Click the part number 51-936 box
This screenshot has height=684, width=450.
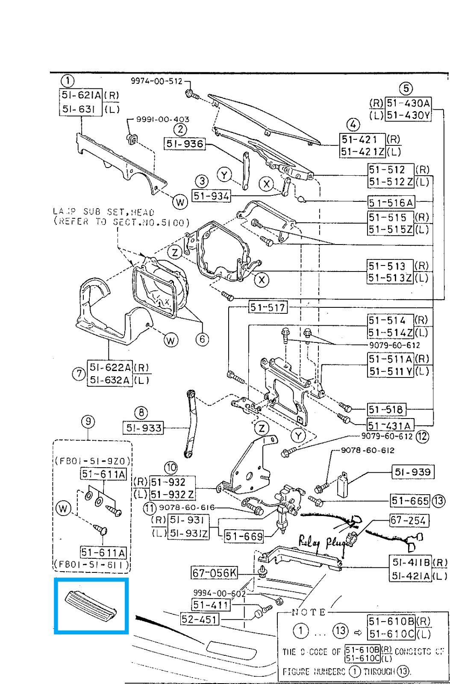point(185,144)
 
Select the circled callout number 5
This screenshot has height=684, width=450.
point(406,88)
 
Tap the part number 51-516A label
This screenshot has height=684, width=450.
point(391,202)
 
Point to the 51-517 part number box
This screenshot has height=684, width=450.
point(268,307)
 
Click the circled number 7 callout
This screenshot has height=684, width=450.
point(79,374)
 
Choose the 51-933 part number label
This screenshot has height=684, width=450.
point(144,428)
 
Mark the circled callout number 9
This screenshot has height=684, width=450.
point(88,422)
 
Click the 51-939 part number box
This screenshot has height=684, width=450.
point(412,472)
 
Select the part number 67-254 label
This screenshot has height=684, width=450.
point(409,521)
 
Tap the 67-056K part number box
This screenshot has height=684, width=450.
point(214,573)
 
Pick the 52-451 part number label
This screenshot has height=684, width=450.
point(199,619)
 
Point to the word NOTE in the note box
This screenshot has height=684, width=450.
point(309,612)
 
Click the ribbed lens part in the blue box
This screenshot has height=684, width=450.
point(91,604)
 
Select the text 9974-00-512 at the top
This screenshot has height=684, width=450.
point(156,81)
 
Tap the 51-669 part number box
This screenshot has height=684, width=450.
point(244,536)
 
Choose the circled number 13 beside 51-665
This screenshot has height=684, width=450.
point(438,501)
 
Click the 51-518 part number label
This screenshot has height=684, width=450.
point(386,410)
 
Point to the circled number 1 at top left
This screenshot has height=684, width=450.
point(68,81)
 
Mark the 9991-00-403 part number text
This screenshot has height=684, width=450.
point(162,119)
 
